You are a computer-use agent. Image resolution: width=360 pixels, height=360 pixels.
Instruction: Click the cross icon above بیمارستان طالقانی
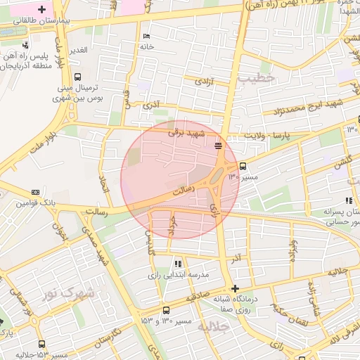42,10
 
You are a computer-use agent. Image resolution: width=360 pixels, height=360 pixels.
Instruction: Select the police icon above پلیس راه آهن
25,46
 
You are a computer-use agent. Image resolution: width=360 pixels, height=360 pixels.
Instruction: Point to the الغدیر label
77,50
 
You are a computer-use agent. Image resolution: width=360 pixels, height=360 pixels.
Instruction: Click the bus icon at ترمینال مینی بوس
77,78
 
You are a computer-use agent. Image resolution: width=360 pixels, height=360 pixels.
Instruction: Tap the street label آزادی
202,82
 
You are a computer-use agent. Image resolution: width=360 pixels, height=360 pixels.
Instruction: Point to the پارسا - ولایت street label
266,134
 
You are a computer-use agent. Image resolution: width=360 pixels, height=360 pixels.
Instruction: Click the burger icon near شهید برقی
219,146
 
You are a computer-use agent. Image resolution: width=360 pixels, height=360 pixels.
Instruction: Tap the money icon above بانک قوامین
36,192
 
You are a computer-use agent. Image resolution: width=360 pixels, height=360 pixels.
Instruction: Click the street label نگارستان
107,335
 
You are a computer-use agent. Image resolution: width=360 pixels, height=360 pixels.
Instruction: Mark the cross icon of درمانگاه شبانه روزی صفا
235,288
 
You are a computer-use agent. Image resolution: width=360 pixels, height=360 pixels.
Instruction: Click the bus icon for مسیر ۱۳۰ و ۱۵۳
166,310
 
